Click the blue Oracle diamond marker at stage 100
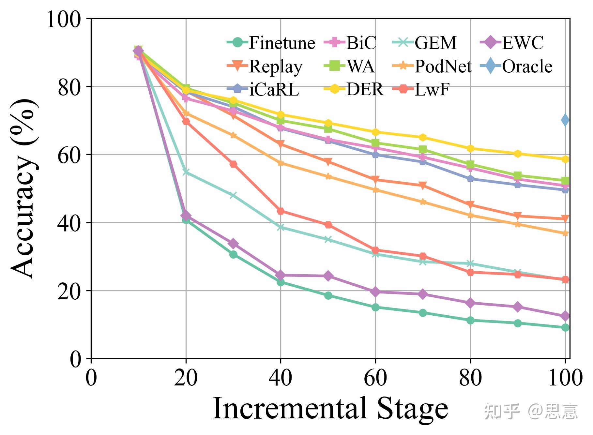(x=565, y=120)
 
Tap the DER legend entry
(x=354, y=89)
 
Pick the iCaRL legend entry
(x=264, y=89)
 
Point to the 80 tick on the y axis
(x=69, y=87)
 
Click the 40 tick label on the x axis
(x=280, y=378)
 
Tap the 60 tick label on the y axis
(x=69, y=155)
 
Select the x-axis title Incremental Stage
(x=330, y=408)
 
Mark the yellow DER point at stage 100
(x=565, y=159)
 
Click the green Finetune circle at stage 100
(x=565, y=327)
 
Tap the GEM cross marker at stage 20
(x=186, y=172)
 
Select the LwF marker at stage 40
(x=281, y=211)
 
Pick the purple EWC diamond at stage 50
(x=328, y=276)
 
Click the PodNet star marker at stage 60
(x=375, y=190)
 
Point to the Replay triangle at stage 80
(x=470, y=205)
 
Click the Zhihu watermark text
(x=530, y=412)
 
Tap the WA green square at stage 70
(x=423, y=149)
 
